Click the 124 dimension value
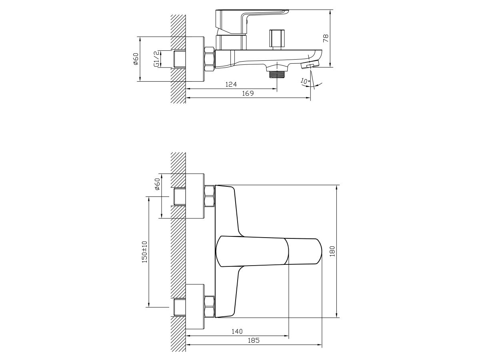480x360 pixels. pos(231,84)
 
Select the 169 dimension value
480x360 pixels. pos(248,93)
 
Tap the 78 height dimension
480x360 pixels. pos(326,38)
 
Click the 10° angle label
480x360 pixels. pos(305,81)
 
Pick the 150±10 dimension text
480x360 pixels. pos(144,252)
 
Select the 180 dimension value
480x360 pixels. pos(332,251)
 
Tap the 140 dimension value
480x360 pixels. pos(237,332)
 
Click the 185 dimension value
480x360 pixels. pos(254,340)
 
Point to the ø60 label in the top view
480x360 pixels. pos(136,59)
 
